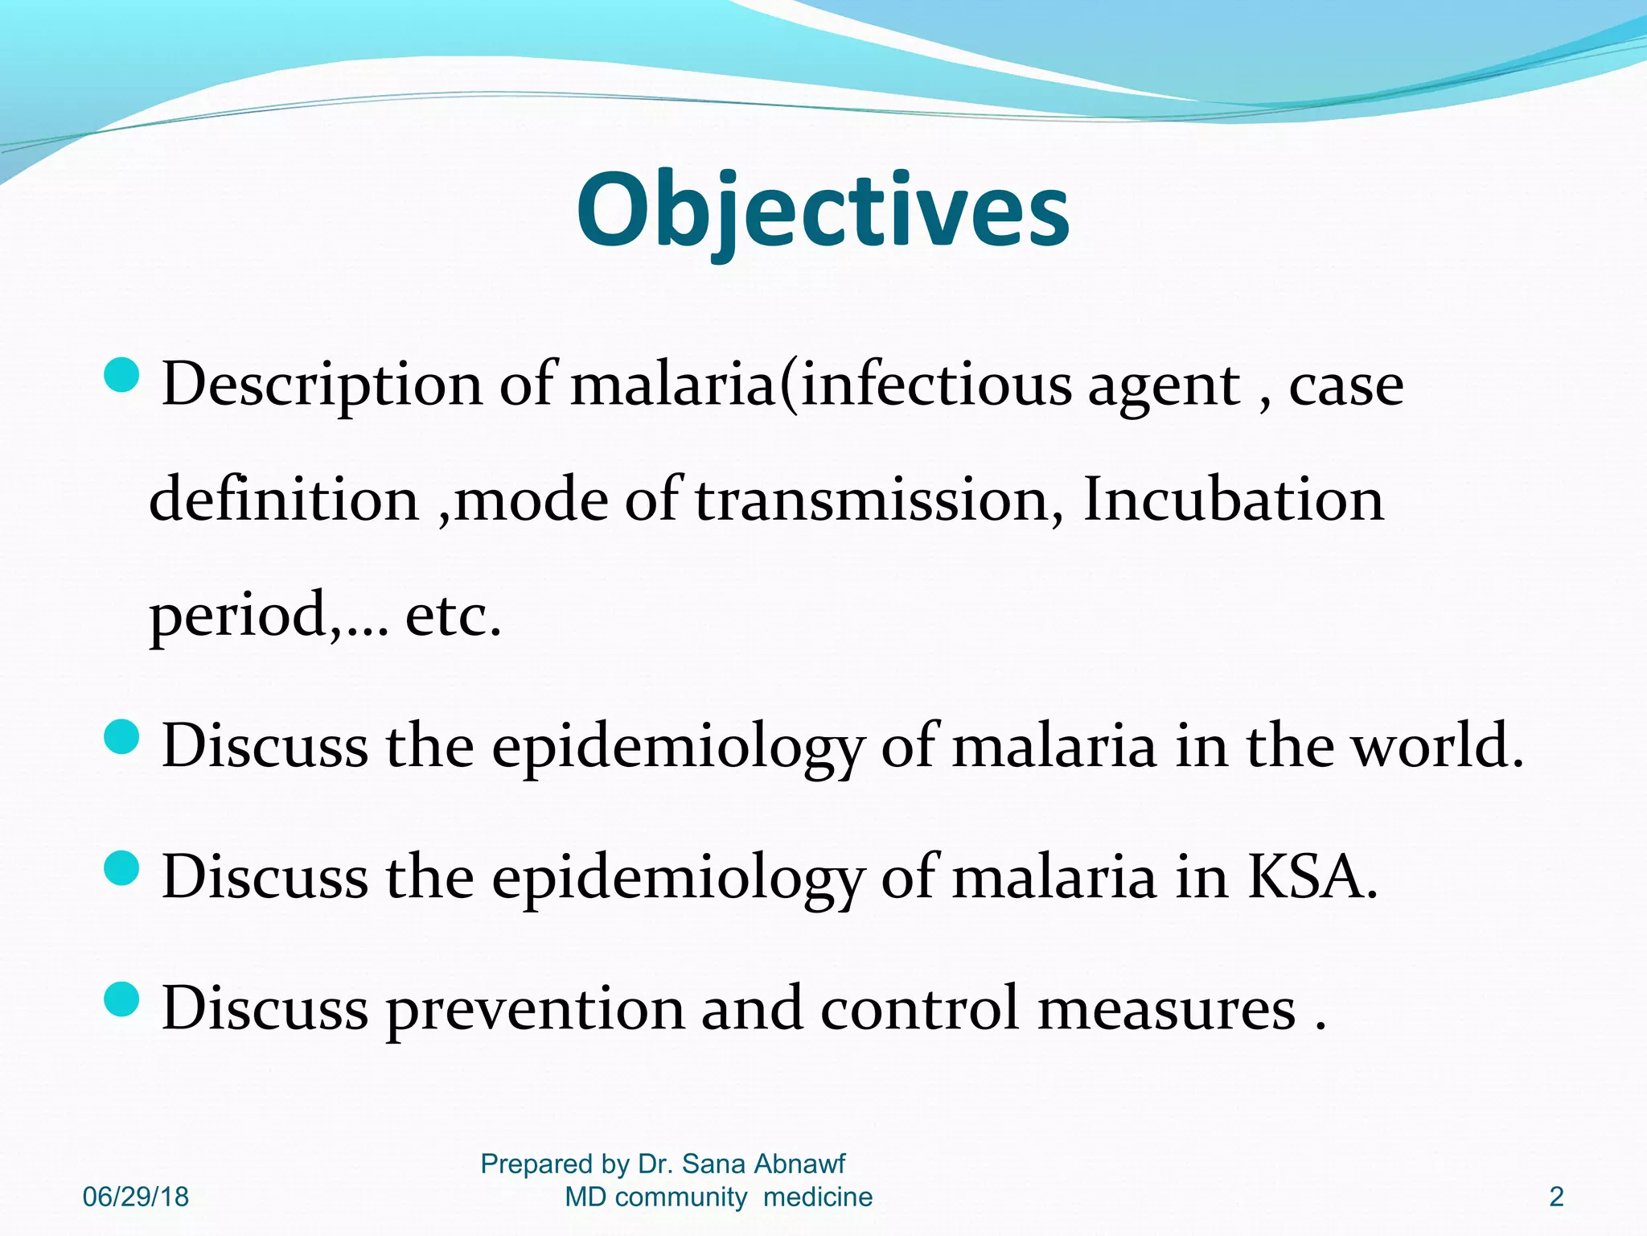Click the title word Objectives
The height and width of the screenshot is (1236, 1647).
pyautogui.click(x=823, y=211)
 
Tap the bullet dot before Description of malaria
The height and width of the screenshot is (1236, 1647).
pyautogui.click(x=122, y=375)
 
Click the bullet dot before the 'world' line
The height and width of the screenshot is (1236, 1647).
pyautogui.click(x=122, y=736)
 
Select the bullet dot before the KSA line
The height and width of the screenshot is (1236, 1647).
pyautogui.click(x=122, y=868)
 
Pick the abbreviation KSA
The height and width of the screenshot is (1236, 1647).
pyautogui.click(x=1311, y=877)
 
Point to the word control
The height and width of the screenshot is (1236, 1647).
pyautogui.click(x=919, y=1009)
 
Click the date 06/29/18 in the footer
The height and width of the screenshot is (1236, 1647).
pyautogui.click(x=135, y=1197)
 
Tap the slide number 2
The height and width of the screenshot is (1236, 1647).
pyautogui.click(x=1556, y=1197)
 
